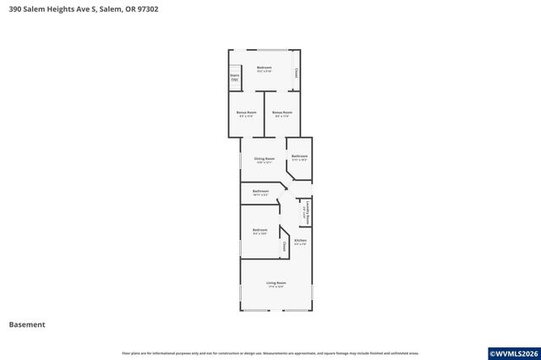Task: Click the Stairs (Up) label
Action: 234,77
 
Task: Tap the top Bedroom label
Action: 265,68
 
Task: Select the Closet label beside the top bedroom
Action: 296,74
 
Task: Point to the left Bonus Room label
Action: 246,113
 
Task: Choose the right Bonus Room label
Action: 282,113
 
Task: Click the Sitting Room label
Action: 265,160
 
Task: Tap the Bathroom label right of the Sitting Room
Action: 299,157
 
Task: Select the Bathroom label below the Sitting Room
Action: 260,192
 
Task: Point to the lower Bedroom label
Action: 260,232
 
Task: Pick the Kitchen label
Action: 300,242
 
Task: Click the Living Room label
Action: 276,284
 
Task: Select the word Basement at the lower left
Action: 27,325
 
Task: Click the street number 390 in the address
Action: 15,9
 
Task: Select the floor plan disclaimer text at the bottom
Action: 270,353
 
